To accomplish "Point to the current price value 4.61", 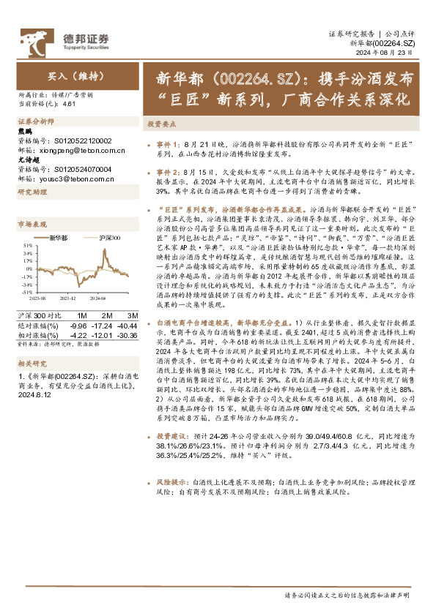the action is coord(70,105).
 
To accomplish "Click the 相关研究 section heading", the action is coord(32,362).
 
